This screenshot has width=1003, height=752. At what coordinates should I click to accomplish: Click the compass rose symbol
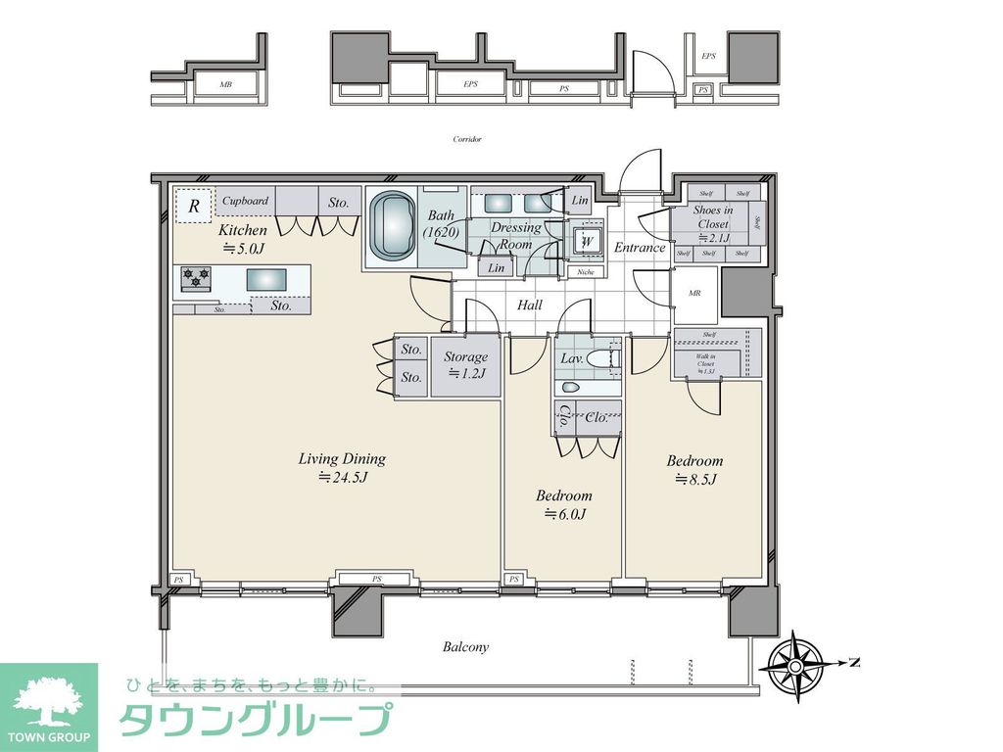793,664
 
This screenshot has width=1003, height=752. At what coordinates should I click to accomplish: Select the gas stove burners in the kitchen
195,280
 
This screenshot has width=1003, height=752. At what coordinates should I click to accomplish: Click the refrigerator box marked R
194,206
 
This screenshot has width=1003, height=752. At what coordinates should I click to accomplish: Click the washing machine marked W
587,241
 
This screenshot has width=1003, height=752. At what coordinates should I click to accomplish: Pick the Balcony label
465,647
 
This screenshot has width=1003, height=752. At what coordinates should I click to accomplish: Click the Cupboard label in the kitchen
245,201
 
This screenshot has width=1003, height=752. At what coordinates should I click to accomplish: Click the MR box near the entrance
694,292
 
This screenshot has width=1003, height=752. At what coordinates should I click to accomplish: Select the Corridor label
467,139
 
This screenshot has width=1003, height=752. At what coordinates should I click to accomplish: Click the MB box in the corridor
226,85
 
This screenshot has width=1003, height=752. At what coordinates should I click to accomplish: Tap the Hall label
530,305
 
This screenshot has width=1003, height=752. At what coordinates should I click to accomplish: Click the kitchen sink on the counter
265,280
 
